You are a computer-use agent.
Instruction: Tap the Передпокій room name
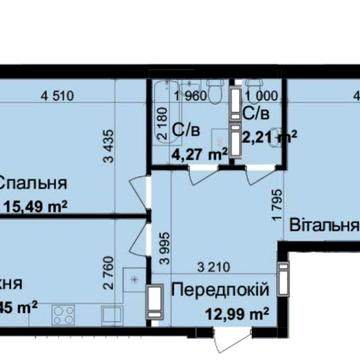pos(218,290)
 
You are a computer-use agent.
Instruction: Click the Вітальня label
pos(324,226)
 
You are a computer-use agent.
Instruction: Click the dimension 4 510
pos(59,96)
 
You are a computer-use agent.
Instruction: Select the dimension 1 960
pos(189,96)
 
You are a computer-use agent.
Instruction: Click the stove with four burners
pos(64,317)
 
